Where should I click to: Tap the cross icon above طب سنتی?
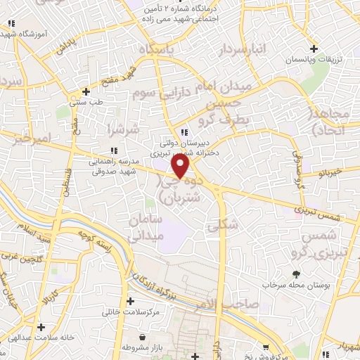click(x=86, y=91)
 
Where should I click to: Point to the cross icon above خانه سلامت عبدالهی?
click(x=41, y=328)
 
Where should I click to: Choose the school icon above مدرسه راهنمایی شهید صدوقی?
click(x=113, y=150)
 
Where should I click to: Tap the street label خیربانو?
click(x=330, y=172)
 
